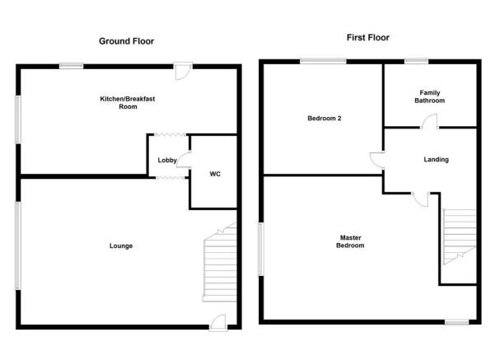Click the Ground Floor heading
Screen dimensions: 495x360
tap(126, 41)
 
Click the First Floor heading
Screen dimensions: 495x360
tap(368, 38)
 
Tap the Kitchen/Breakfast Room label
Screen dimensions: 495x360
tap(128, 103)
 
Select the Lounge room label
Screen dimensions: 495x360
tap(121, 245)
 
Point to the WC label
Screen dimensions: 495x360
tap(215, 174)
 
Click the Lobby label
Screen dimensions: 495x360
tap(167, 160)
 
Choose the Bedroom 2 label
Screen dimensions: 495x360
tap(325, 118)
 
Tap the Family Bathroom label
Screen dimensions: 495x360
tap(430, 96)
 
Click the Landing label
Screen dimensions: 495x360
tap(436, 160)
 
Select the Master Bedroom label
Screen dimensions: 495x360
tap(350, 241)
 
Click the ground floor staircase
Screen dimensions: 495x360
tap(220, 262)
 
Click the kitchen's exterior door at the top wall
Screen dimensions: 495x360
tap(183, 71)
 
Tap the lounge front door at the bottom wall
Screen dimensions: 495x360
tap(218, 323)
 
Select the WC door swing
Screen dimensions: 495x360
tap(184, 160)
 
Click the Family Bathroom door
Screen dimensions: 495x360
tap(429, 121)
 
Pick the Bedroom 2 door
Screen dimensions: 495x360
tap(377, 161)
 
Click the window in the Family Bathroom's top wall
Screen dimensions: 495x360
tap(417, 61)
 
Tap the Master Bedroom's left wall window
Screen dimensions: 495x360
tap(261, 249)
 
